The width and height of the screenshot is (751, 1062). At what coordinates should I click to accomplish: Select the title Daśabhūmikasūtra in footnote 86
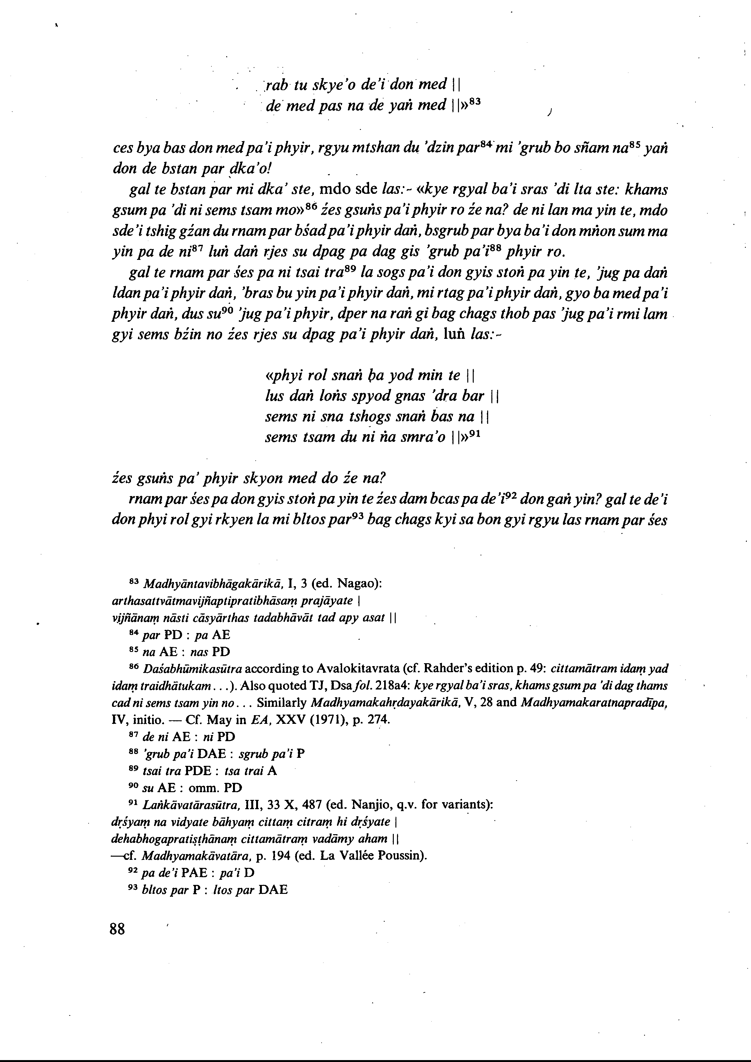pos(192,669)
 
